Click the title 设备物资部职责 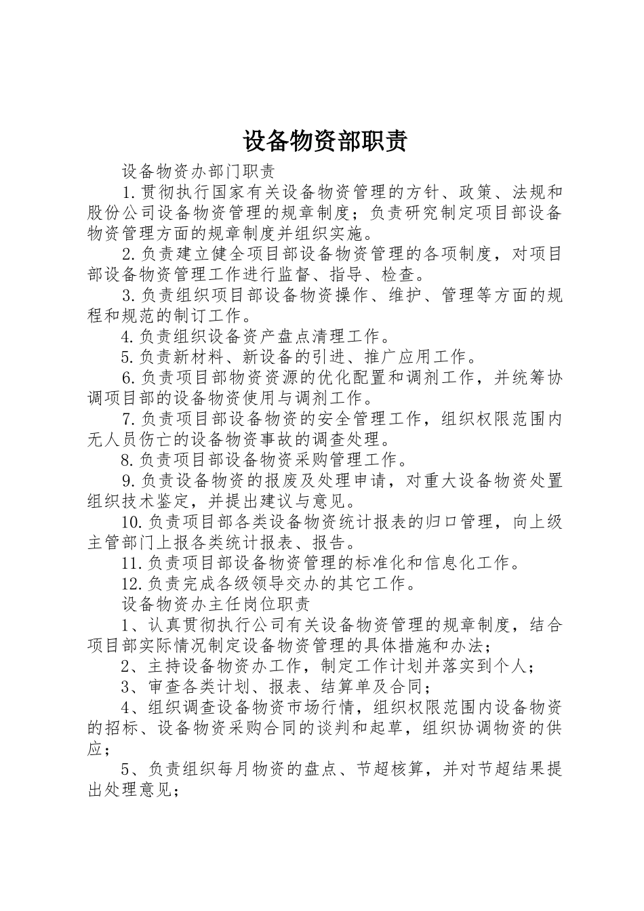coord(325,141)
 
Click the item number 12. coord(130,584)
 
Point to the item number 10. coord(131,523)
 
